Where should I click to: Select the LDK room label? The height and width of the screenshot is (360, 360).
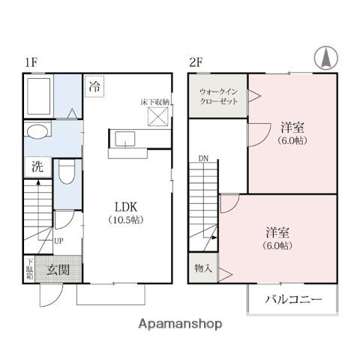[125, 206]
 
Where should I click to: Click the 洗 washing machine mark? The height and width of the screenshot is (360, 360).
[37, 167]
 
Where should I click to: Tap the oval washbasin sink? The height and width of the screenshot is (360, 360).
[36, 133]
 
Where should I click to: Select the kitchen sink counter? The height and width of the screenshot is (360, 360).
[125, 139]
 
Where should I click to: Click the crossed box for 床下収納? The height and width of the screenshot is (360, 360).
[157, 116]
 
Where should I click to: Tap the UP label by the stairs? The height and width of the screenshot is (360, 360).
[58, 241]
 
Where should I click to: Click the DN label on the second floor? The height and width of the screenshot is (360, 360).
[203, 158]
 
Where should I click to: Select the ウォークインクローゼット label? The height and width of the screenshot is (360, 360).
[217, 97]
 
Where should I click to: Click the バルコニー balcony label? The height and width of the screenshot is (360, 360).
[293, 300]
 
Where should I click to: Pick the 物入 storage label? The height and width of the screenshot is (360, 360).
[202, 268]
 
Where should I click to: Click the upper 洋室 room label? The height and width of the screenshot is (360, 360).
[292, 126]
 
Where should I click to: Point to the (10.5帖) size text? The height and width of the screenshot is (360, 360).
[125, 220]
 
